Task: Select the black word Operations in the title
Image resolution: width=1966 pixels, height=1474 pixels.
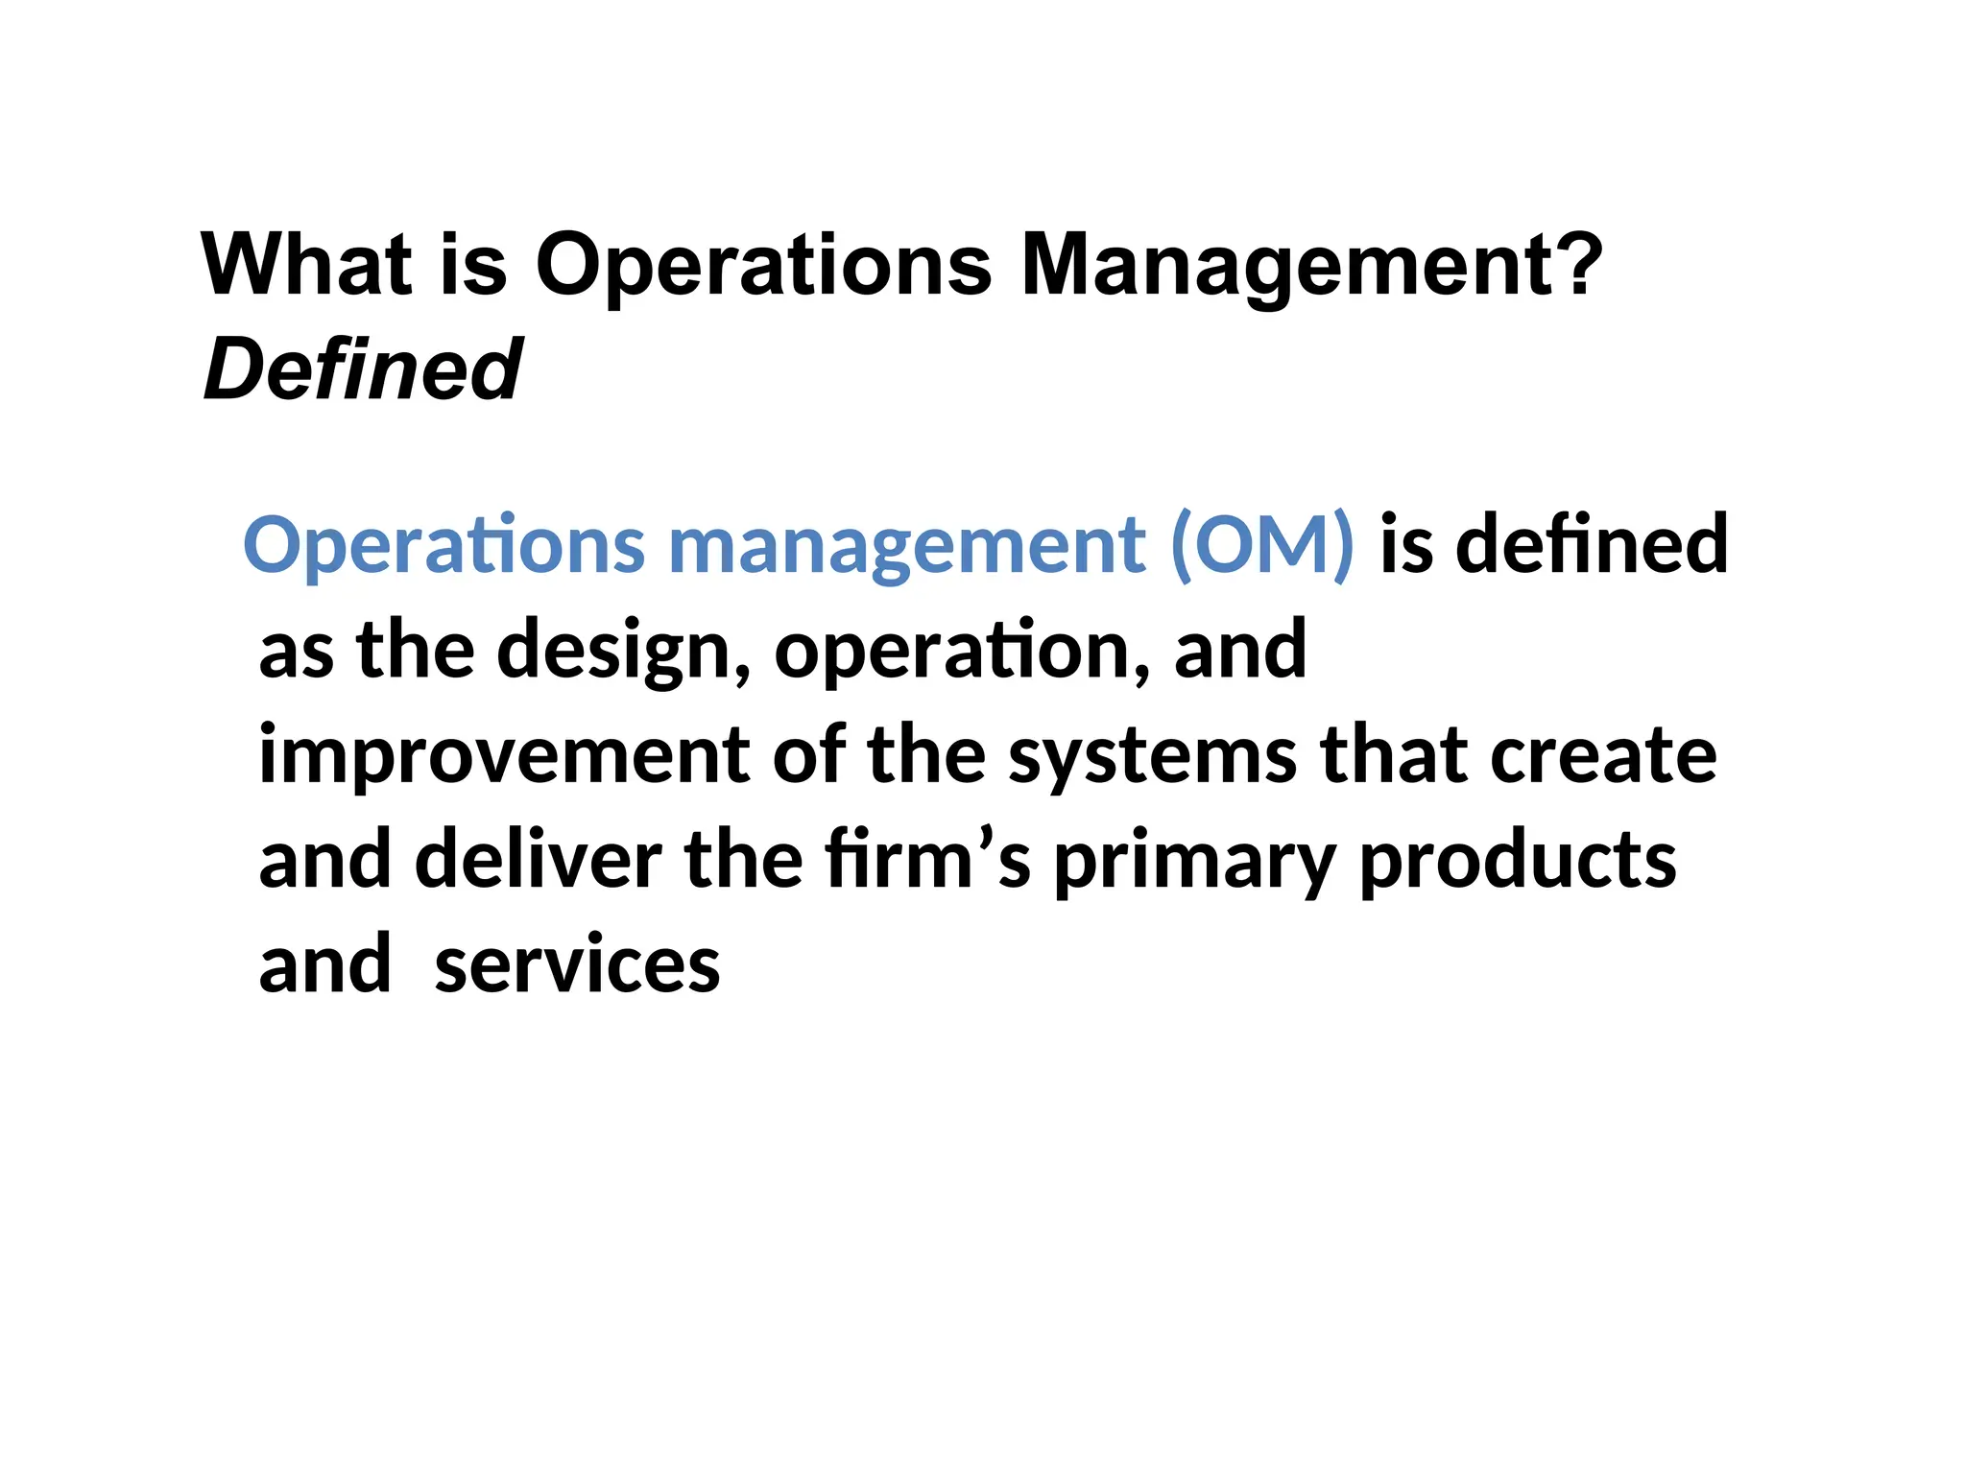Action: pos(762,266)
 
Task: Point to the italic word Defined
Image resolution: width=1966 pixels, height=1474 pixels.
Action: pos(363,369)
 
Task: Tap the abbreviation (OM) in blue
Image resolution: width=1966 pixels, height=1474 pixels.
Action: pos(1263,545)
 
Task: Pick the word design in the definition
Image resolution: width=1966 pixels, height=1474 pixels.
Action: pos(623,652)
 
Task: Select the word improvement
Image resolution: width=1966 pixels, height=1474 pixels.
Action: pos(505,756)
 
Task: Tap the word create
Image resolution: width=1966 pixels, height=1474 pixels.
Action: pos(1603,756)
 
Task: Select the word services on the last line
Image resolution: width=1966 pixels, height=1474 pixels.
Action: pos(577,965)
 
